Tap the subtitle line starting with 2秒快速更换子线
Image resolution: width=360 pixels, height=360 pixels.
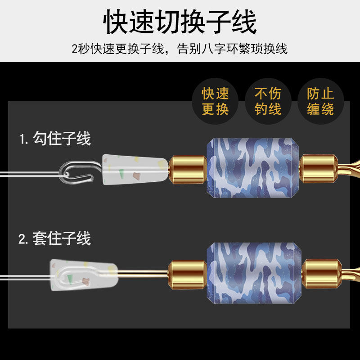tap(180, 48)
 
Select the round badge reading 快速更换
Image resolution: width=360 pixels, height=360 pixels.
tap(215, 101)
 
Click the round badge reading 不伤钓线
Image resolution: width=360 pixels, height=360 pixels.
tap(268, 101)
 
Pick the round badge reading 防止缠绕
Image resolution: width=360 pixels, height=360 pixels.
tap(320, 101)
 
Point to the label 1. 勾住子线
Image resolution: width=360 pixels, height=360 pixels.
tap(55, 139)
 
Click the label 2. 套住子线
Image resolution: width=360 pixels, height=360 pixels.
tap(54, 238)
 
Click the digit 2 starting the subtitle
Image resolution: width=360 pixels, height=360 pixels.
tap(75, 49)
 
